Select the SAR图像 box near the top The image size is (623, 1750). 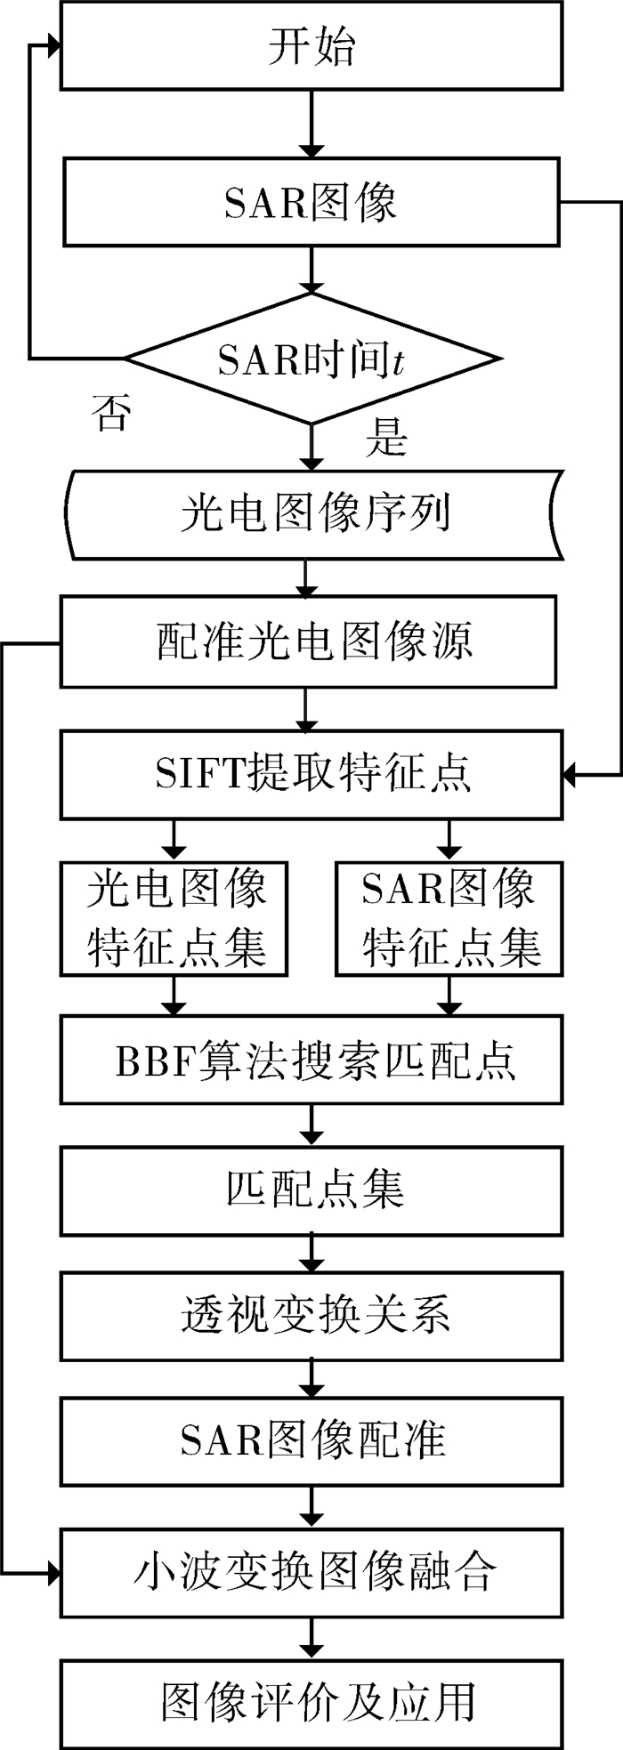tap(311, 202)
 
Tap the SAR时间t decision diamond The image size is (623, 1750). tap(311, 359)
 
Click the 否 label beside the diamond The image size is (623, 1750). tap(111, 412)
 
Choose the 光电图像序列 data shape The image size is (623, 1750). tap(313, 515)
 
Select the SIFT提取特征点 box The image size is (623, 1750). tap(311, 774)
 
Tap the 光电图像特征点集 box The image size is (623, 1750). tap(174, 918)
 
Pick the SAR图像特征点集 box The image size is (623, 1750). tap(450, 918)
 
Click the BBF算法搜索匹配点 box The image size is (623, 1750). tap(311, 1060)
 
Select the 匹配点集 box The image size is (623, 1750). tap(311, 1190)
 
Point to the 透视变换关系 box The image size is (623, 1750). tap(311, 1315)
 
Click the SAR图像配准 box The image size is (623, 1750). tap(311, 1440)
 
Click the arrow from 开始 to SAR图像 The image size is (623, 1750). tap(311, 125)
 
